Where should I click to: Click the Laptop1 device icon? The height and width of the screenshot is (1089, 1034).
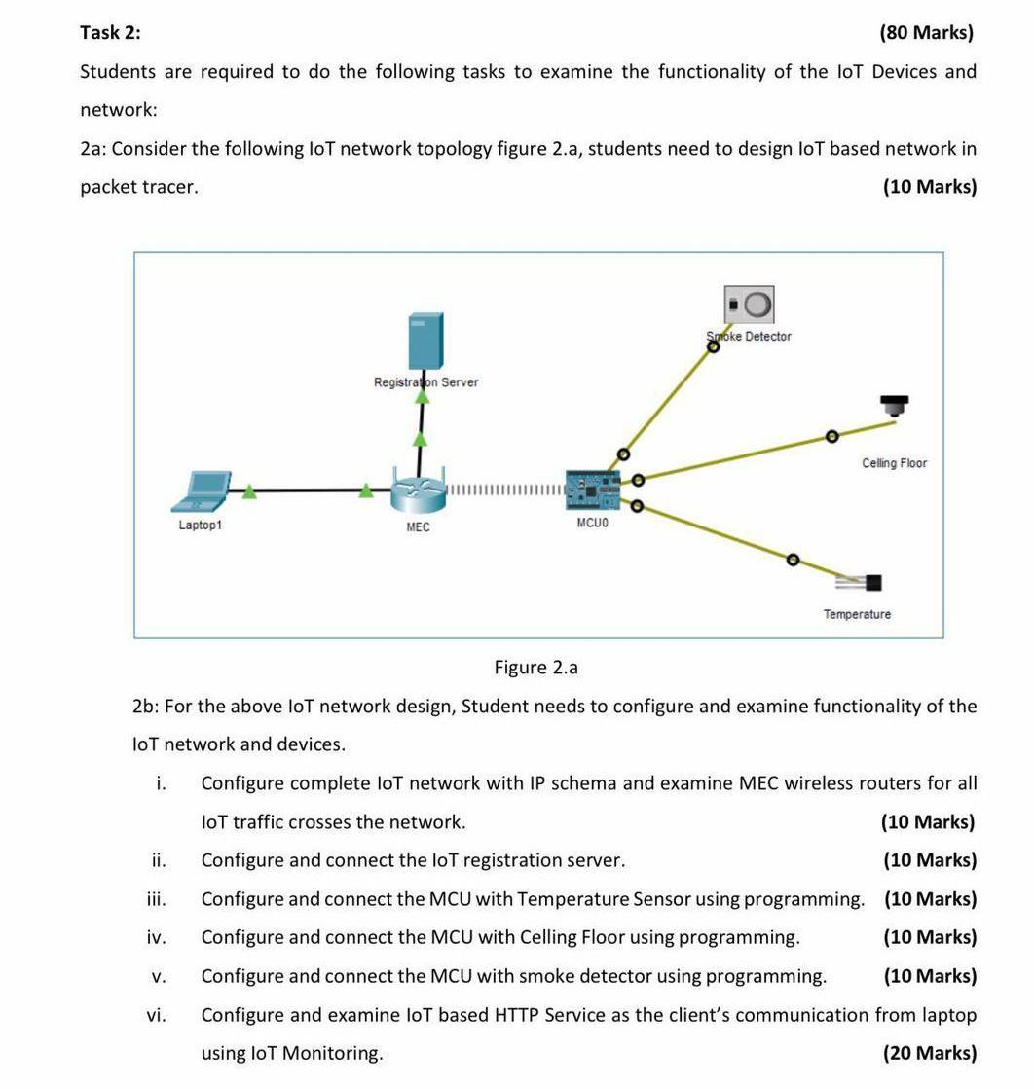(x=202, y=491)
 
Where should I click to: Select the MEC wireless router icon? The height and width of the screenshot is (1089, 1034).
(x=418, y=490)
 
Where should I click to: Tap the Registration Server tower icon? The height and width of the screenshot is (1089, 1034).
(x=425, y=341)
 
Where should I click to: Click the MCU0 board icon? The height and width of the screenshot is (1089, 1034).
(x=592, y=490)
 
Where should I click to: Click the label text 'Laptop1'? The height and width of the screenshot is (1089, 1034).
(x=200, y=526)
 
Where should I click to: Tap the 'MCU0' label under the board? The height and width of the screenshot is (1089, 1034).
(x=592, y=524)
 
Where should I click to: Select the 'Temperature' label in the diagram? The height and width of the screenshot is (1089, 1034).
(x=857, y=614)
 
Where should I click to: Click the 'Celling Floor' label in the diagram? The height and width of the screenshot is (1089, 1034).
(x=894, y=463)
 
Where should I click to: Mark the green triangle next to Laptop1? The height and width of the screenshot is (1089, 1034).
(x=249, y=491)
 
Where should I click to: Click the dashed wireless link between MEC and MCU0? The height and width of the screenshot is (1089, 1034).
(x=504, y=490)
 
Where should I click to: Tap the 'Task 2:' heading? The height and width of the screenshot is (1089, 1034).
(x=110, y=33)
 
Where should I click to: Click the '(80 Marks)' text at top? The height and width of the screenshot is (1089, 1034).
(x=926, y=33)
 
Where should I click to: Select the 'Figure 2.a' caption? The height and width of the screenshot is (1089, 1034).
(x=535, y=668)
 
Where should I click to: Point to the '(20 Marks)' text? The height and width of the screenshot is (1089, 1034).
(x=929, y=1053)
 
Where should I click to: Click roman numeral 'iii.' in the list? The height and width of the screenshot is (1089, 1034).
(x=156, y=899)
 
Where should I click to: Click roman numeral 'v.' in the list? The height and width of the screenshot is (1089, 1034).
(x=157, y=976)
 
